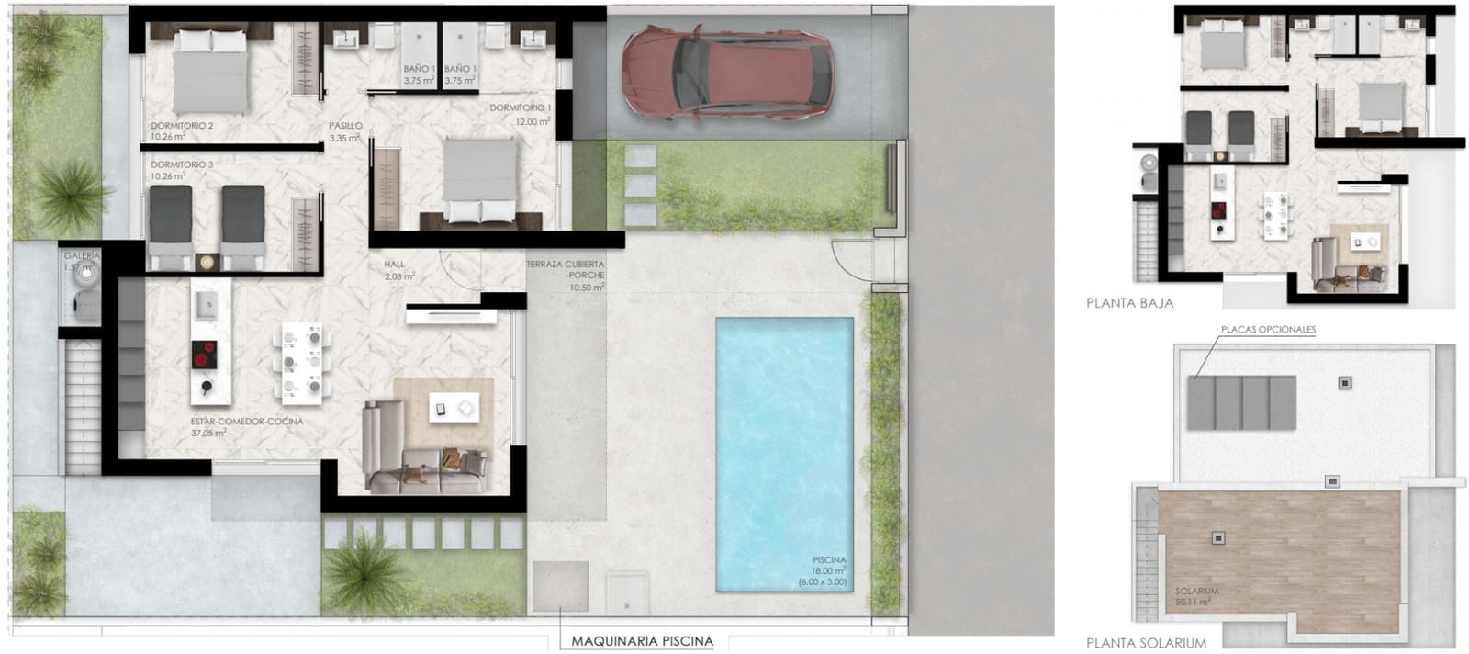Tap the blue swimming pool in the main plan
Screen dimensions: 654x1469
784,455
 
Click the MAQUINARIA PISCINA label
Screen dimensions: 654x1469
642,641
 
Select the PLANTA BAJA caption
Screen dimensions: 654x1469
1129,302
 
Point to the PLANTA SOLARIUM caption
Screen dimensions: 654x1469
1146,643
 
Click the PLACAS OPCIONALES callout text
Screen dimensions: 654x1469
1268,330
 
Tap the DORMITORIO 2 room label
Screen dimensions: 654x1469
182,126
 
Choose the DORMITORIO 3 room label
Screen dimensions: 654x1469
182,165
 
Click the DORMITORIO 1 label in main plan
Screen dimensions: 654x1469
520,108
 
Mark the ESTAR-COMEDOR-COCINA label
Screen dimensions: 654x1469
246,422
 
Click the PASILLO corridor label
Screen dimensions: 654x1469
345,126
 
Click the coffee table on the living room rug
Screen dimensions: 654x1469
454,408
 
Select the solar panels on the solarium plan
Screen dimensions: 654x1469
1241,402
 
